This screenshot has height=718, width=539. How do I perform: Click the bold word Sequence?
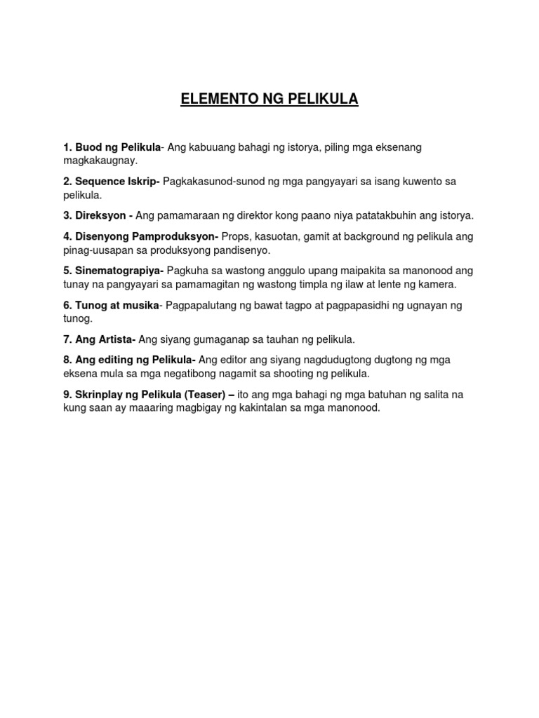[99, 182]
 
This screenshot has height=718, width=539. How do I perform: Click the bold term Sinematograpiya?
[119, 271]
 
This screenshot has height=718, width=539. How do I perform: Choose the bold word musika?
[140, 305]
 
